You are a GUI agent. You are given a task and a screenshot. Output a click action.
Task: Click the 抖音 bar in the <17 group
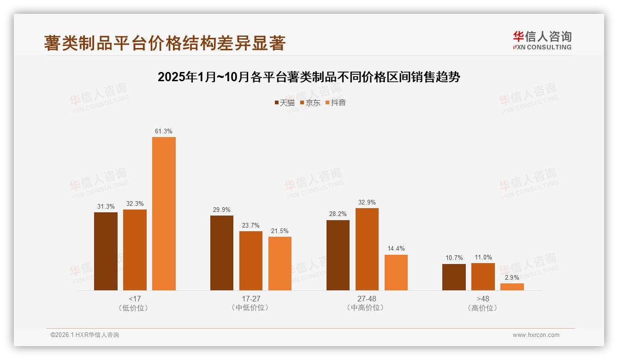coord(164,214)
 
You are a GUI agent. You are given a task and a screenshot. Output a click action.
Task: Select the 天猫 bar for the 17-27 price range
coord(222,253)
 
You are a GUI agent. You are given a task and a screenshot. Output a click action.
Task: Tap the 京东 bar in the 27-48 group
coord(367,249)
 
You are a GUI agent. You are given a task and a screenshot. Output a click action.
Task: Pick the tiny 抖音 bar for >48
coord(512,287)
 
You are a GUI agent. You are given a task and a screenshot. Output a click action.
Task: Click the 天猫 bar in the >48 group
coord(454,277)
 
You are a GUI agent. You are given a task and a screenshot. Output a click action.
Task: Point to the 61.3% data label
coord(164,132)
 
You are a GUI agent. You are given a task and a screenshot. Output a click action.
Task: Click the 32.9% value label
coord(367,202)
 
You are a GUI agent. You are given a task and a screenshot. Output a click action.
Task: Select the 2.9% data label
coord(512,277)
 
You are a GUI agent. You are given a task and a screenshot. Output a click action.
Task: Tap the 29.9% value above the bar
coord(222,210)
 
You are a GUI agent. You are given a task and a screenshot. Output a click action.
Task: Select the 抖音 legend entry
coord(336,102)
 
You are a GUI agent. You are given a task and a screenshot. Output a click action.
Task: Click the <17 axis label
coord(135,299)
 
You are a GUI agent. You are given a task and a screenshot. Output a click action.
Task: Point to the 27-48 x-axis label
coord(367,299)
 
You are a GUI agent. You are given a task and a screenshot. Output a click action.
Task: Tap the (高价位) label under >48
coord(483,308)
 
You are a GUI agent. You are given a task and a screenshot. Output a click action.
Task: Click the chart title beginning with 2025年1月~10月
coord(309,77)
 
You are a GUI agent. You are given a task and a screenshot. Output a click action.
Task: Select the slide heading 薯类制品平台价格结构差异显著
coord(165,43)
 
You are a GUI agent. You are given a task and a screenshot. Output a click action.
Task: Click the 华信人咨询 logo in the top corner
coord(542,40)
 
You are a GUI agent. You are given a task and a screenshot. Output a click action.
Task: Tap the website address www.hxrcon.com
coord(536,335)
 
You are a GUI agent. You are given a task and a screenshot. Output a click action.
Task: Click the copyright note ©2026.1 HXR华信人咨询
coord(85,335)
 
